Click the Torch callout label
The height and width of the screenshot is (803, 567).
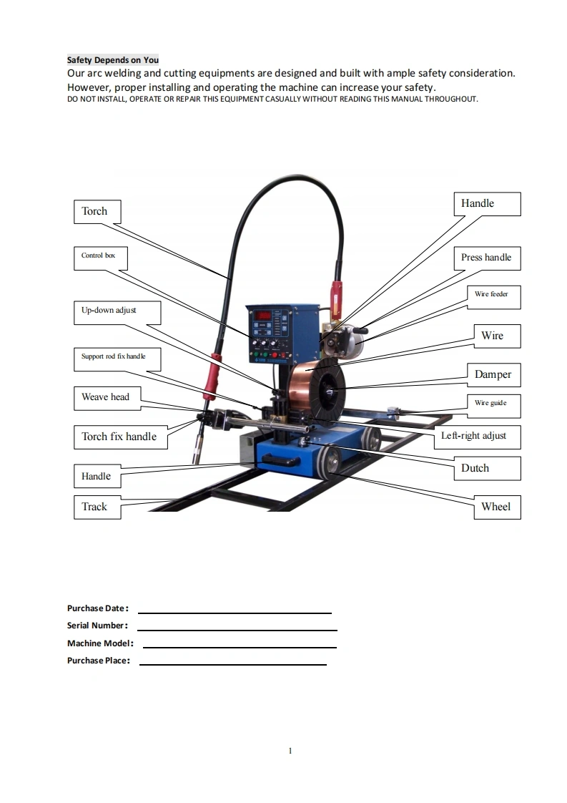(97, 212)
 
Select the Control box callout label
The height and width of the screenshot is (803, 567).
(98, 256)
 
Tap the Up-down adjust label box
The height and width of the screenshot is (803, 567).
(117, 311)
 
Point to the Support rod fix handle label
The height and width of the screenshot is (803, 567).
(117, 357)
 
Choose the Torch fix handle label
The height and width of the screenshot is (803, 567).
(119, 437)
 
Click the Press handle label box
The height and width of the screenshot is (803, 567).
(486, 258)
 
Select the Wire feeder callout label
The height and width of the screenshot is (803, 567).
(491, 295)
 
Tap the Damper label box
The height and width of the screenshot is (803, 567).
(493, 374)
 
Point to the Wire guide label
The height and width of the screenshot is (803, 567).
(490, 404)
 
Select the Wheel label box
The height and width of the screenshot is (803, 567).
(495, 507)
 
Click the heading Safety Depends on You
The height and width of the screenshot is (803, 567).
(113, 60)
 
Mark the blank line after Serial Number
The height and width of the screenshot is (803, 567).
(237, 629)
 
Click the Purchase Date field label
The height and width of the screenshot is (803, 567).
(97, 608)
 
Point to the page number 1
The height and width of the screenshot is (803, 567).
(290, 751)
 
